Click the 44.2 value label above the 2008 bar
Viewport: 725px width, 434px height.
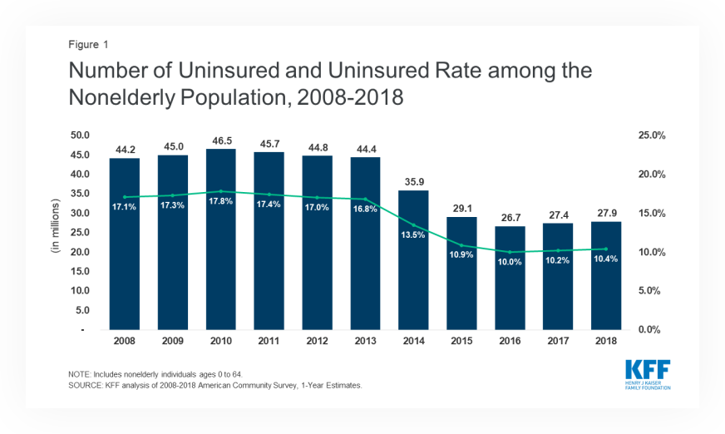click(x=125, y=150)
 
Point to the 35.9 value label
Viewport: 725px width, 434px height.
click(x=414, y=182)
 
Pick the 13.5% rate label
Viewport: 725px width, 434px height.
click(x=414, y=235)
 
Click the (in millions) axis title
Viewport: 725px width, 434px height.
click(x=56, y=232)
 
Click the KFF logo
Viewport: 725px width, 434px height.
click(x=649, y=374)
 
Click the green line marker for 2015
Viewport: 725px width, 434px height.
click(x=462, y=246)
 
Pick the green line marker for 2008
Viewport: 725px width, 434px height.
click(x=125, y=197)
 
